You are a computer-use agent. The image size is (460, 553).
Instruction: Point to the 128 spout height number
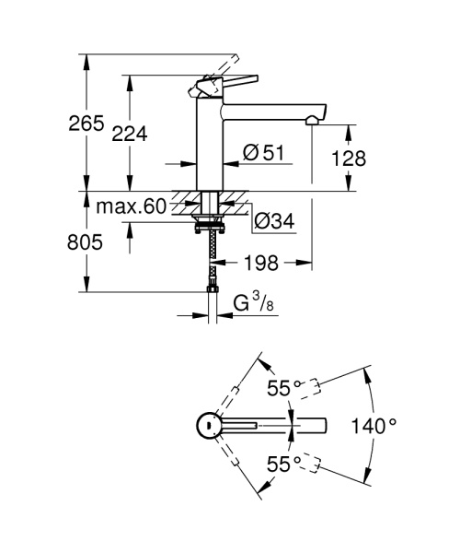(x=349, y=159)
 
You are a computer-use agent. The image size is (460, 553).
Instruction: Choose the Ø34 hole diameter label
(x=273, y=221)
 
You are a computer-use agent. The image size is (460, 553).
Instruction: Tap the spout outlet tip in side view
(x=315, y=120)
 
